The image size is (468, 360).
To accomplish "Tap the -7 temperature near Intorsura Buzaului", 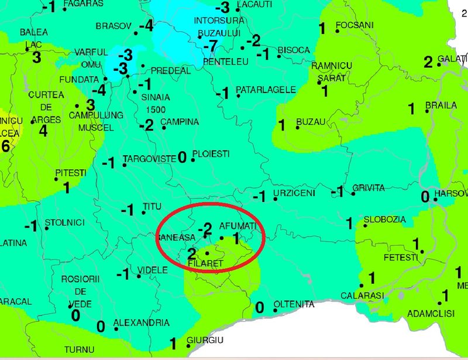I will pyautogui.click(x=207, y=46).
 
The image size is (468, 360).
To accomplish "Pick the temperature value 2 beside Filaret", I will pyautogui.click(x=192, y=253).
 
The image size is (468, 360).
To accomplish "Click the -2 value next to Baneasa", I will pyautogui.click(x=204, y=229).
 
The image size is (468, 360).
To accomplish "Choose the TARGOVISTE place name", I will pyautogui.click(x=149, y=159).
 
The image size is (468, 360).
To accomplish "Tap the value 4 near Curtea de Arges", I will pyautogui.click(x=43, y=131).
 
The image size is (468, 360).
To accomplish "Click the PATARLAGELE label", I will pyautogui.click(x=266, y=90).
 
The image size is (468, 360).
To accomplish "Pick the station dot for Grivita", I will pyautogui.click(x=353, y=193).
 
